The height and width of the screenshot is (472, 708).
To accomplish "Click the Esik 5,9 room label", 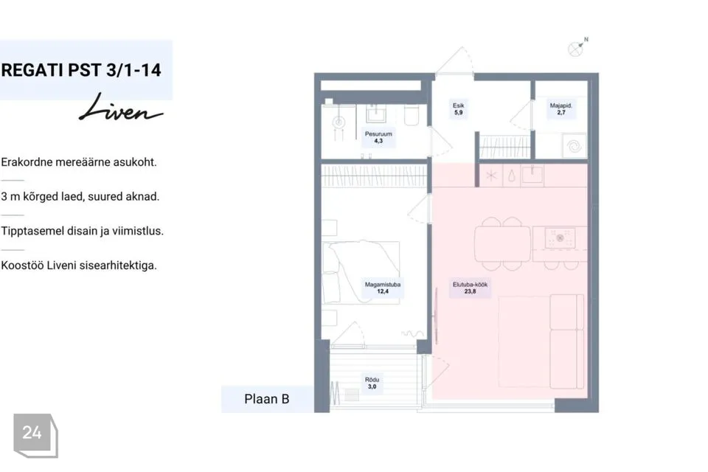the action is [x=458, y=109].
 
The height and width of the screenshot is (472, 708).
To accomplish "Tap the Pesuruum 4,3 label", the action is [x=378, y=137].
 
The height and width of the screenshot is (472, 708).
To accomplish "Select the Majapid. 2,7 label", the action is [x=560, y=109].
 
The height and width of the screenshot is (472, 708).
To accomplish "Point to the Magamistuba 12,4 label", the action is [x=383, y=288].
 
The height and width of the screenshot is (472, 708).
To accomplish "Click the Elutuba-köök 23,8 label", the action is [x=470, y=288].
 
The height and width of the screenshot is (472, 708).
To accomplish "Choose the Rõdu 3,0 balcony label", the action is [x=372, y=383].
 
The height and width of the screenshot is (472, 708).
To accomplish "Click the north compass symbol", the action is [x=577, y=47].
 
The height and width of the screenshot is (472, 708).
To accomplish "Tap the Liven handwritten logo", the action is [x=121, y=108].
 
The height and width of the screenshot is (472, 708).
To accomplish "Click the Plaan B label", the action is [x=267, y=399].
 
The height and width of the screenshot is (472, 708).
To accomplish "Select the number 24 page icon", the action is [x=35, y=435].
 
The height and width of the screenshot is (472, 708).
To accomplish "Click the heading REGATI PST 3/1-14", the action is [x=81, y=71].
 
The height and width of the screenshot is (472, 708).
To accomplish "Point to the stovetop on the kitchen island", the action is [x=560, y=238].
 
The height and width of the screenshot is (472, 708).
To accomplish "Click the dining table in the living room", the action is [x=502, y=244].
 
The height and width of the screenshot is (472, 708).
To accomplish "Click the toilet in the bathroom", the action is [x=412, y=115].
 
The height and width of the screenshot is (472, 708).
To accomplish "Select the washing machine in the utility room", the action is [x=574, y=146].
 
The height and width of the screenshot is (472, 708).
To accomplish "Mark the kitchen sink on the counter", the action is [x=532, y=175].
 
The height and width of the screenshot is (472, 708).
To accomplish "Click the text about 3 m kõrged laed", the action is [x=80, y=197].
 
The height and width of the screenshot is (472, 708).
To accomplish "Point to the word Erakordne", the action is [x=27, y=162].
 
